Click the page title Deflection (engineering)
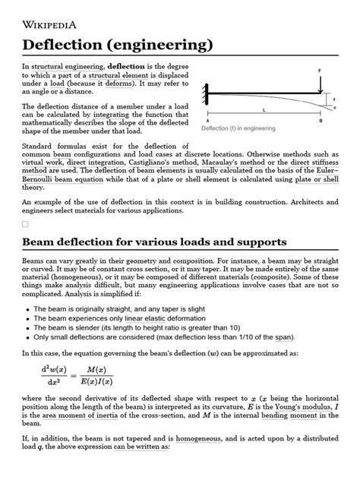coord(117,45)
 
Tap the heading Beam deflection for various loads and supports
coord(154,242)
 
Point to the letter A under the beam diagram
coord(207,121)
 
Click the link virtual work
coord(45,163)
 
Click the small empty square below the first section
coord(25,225)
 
